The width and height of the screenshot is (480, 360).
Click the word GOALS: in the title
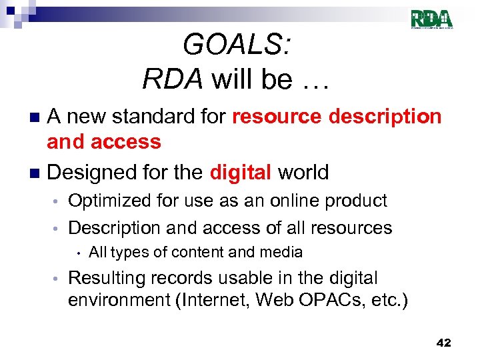(x=236, y=45)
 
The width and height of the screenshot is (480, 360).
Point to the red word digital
(x=240, y=172)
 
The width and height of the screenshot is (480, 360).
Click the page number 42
(x=443, y=343)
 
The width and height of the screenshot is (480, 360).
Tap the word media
(x=283, y=252)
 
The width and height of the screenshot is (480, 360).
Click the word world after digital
(x=303, y=172)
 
